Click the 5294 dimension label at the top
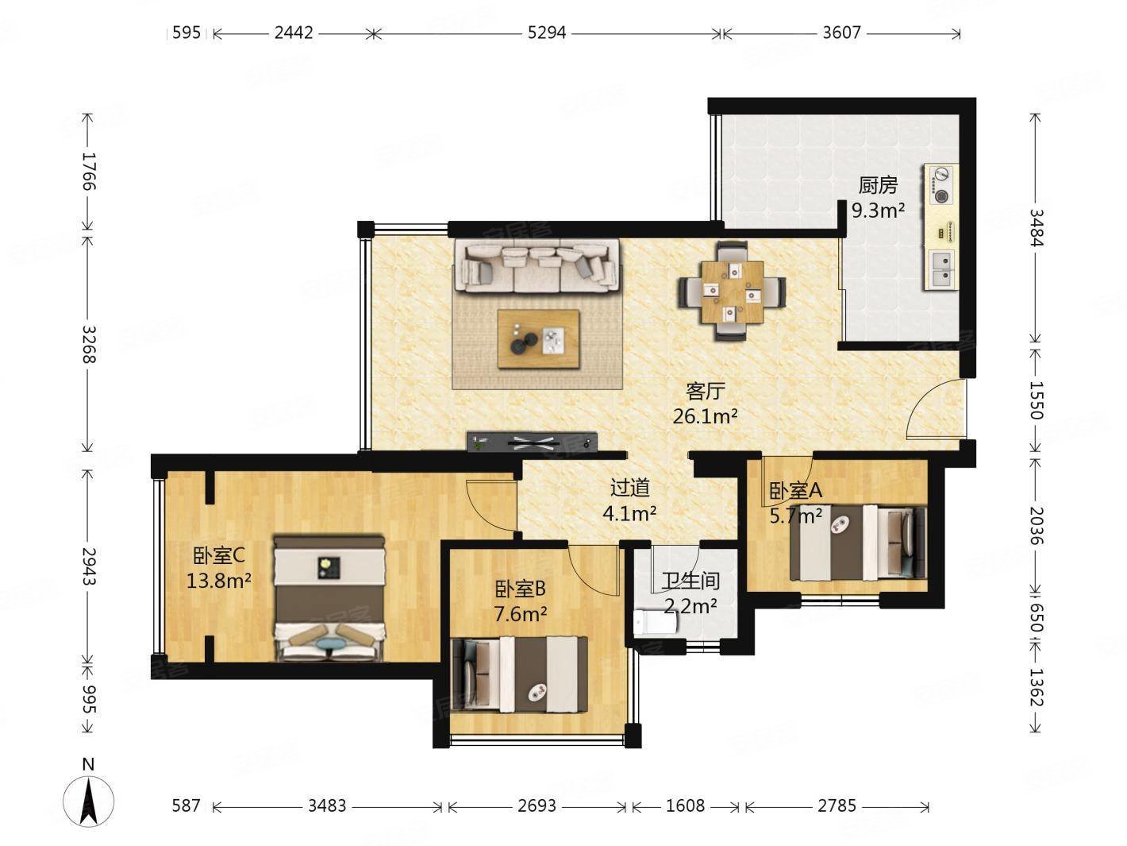tap(546, 33)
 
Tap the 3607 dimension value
tap(841, 33)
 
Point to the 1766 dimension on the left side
tap(89, 172)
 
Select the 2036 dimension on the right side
tap(1036, 526)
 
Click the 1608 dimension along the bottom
tap(686, 805)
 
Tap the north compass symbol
tap(89, 801)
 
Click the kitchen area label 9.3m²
tap(878, 210)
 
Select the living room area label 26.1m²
tap(706, 416)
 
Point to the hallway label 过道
tap(630, 488)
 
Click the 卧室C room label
tap(219, 556)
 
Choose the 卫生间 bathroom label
tap(690, 581)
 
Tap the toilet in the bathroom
tap(655, 623)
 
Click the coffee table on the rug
tap(538, 339)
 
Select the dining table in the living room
tap(733, 292)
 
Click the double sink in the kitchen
tap(941, 270)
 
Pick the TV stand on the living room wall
tap(532, 442)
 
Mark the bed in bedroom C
tap(329, 598)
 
